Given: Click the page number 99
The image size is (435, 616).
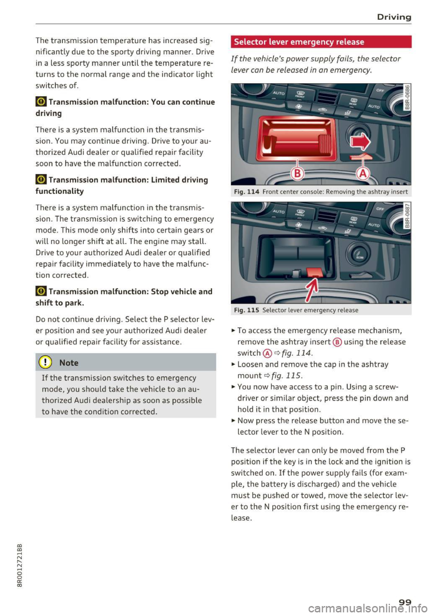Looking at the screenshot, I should pyautogui.click(x=405, y=602).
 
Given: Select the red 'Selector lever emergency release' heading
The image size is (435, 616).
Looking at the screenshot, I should pyautogui.click(x=299, y=42).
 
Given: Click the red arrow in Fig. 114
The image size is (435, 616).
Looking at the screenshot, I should pyautogui.click(x=361, y=142).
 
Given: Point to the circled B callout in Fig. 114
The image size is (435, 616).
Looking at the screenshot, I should pyautogui.click(x=297, y=174).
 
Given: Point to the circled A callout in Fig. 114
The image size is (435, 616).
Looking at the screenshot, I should pyautogui.click(x=363, y=174).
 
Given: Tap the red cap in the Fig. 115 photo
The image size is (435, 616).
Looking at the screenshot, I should pyautogui.click(x=314, y=272).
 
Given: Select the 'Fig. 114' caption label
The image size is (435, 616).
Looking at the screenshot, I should pyautogui.click(x=246, y=192).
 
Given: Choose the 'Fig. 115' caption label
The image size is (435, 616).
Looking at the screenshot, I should pyautogui.click(x=246, y=310).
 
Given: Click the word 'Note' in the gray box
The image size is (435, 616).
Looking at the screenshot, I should pyautogui.click(x=69, y=363).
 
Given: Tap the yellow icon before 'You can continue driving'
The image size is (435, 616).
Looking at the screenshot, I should pyautogui.click(x=41, y=102).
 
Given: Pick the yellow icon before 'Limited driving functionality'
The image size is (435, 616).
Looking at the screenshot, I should pyautogui.click(x=41, y=180).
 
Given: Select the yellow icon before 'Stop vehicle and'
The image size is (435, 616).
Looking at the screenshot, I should pyautogui.click(x=41, y=292).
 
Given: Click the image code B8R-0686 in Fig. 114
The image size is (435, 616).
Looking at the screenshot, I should pyautogui.click(x=407, y=97).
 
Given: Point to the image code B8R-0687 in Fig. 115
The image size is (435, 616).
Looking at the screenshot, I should pyautogui.click(x=407, y=215).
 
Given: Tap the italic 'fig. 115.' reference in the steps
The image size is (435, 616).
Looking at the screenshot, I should pyautogui.click(x=287, y=376).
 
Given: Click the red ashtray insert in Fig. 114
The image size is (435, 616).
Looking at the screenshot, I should pyautogui.click(x=297, y=139).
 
